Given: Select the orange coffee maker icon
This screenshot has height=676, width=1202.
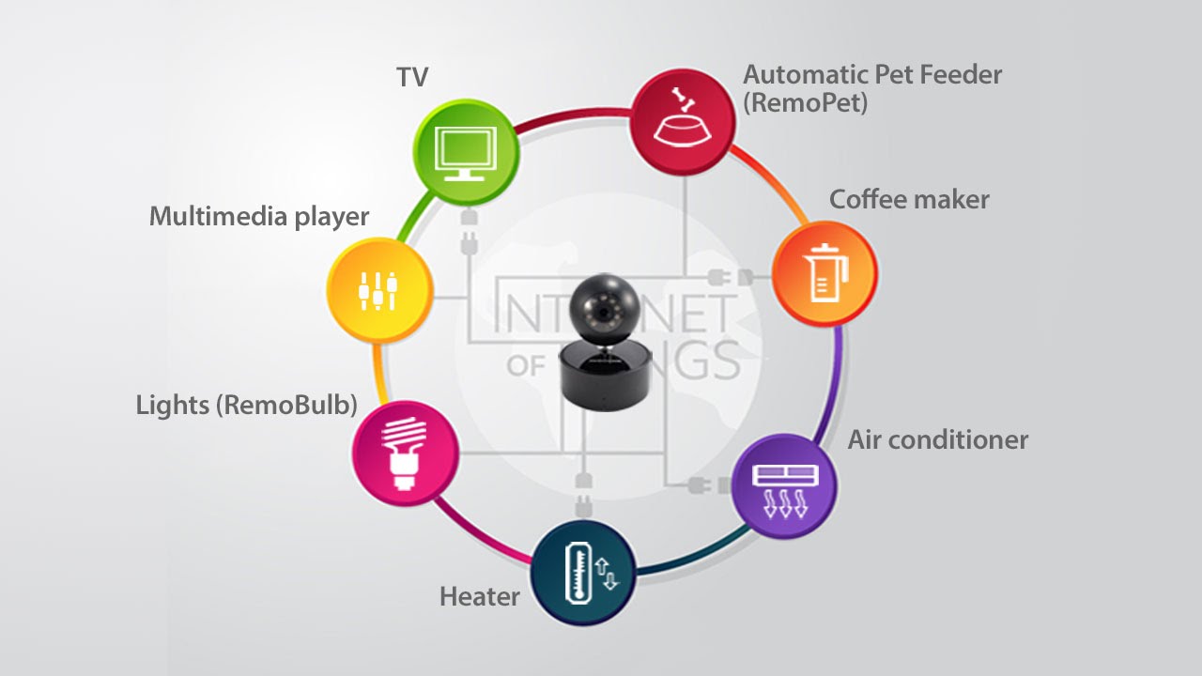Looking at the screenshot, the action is coord(824,273).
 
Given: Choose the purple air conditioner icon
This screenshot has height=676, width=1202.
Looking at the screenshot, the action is coord(784,485).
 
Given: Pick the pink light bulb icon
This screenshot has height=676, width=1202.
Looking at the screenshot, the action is coord(405,453).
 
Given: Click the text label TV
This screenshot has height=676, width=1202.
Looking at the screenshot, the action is coord(412,77).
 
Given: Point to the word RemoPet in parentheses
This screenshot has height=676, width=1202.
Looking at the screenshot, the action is coord(805,101).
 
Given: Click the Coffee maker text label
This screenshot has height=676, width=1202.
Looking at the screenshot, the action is coord(909,199).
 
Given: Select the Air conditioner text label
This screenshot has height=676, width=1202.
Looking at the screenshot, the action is coord(938,439).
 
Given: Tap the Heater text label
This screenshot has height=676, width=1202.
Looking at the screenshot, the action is coord(480,596).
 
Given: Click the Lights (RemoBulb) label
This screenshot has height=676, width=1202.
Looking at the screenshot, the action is coord(247,405).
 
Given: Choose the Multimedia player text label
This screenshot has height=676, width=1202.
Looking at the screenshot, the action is coord(259,217).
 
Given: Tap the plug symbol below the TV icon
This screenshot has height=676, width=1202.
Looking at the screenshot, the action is coord(468,234).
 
